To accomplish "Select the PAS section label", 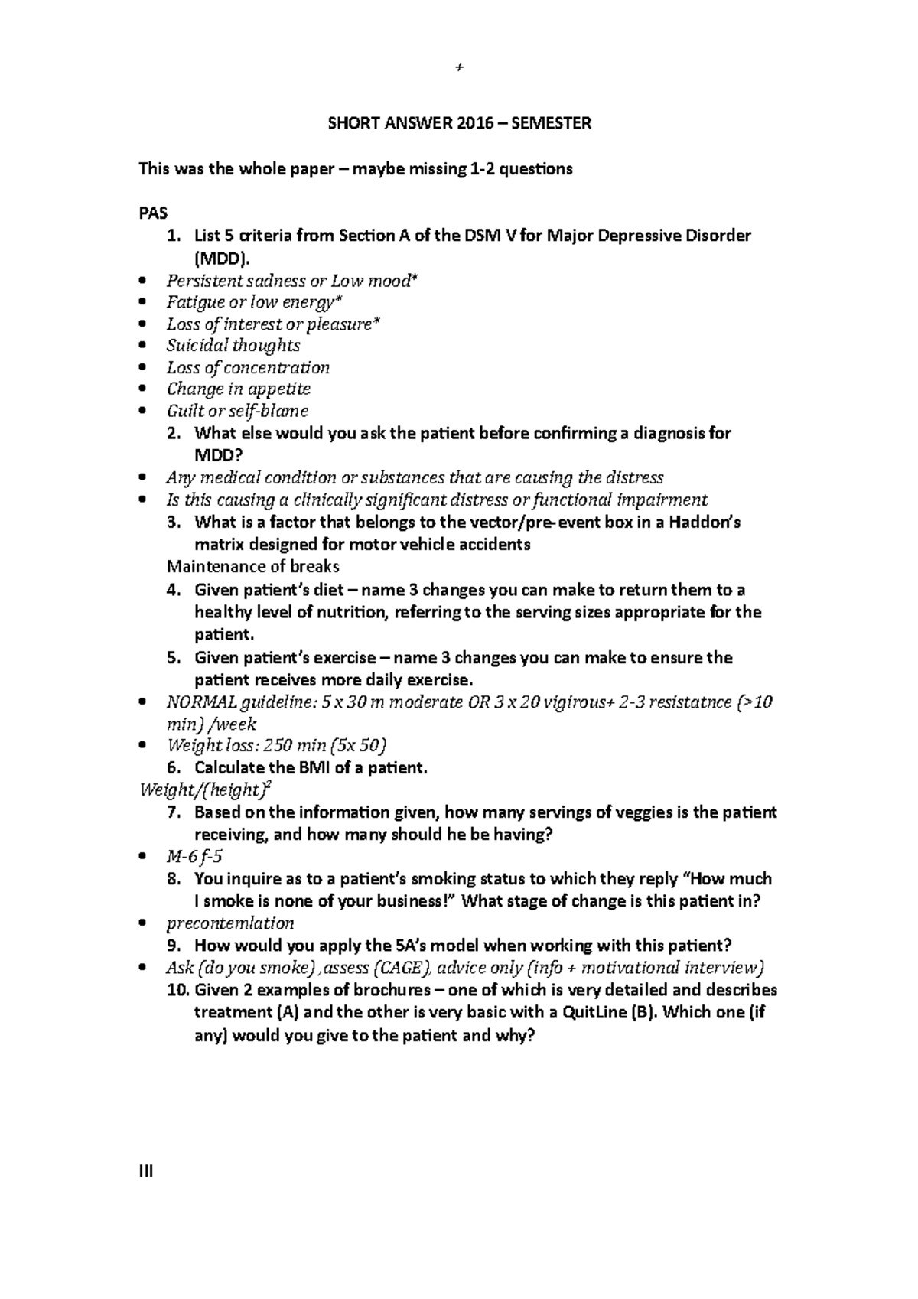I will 152,213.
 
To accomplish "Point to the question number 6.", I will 173,768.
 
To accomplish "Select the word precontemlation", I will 230,923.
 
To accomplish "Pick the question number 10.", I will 177,990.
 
